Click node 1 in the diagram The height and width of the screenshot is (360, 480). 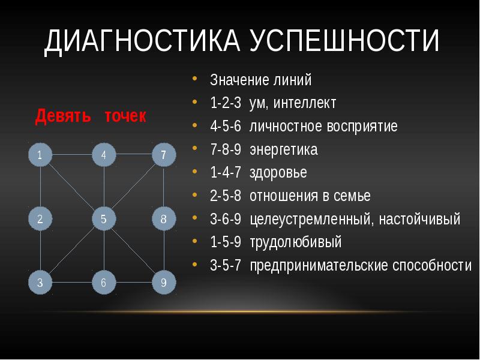pyautogui.click(x=40, y=155)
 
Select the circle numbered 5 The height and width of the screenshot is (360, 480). pyautogui.click(x=103, y=219)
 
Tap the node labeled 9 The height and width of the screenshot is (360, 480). pyautogui.click(x=163, y=283)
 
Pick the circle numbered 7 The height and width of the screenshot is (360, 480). pyautogui.click(x=163, y=155)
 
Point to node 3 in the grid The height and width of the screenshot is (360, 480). pyautogui.click(x=40, y=283)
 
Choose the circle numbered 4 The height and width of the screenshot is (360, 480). pyautogui.click(x=103, y=155)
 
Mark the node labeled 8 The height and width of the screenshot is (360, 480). pyautogui.click(x=163, y=219)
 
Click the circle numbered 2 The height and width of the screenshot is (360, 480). pyautogui.click(x=40, y=219)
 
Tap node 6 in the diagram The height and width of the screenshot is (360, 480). pyautogui.click(x=103, y=283)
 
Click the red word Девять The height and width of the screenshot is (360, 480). pyautogui.click(x=58, y=115)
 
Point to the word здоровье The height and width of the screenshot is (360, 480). pyautogui.click(x=278, y=173)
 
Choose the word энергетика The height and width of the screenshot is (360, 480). pyautogui.click(x=284, y=150)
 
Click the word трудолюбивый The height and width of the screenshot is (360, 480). pyautogui.click(x=295, y=242)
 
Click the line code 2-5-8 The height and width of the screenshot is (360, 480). pyautogui.click(x=226, y=196)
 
